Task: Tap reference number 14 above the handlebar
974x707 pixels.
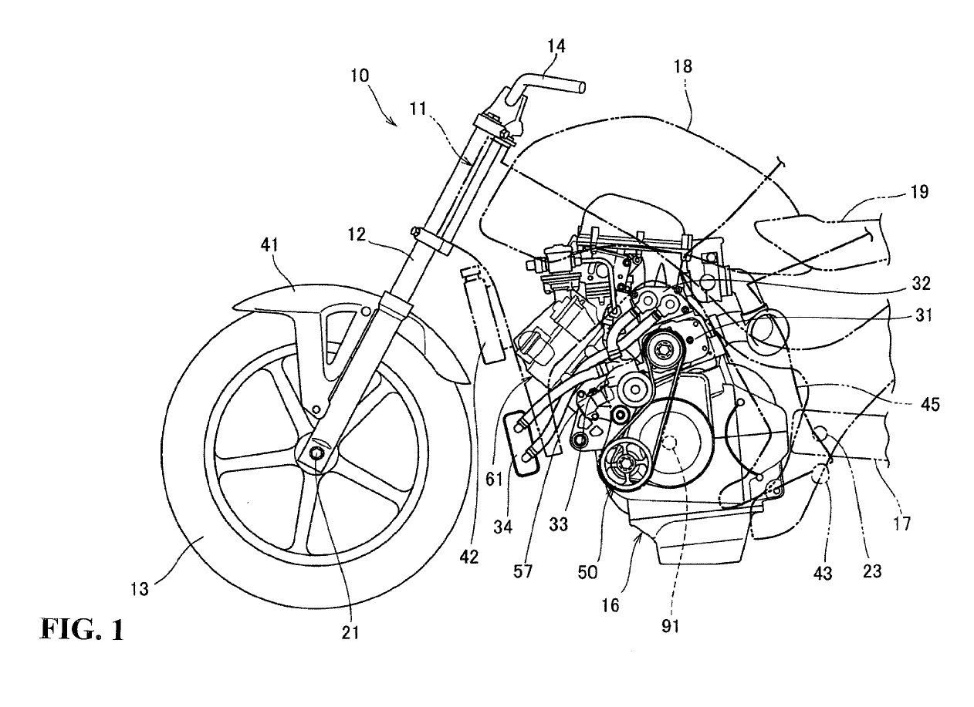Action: pyautogui.click(x=556, y=46)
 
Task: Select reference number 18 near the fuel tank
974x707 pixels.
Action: pyautogui.click(x=684, y=67)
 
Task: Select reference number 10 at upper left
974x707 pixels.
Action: pyautogui.click(x=359, y=76)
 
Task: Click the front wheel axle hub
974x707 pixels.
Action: pyautogui.click(x=316, y=456)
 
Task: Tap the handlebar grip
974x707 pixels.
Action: pyautogui.click(x=556, y=82)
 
